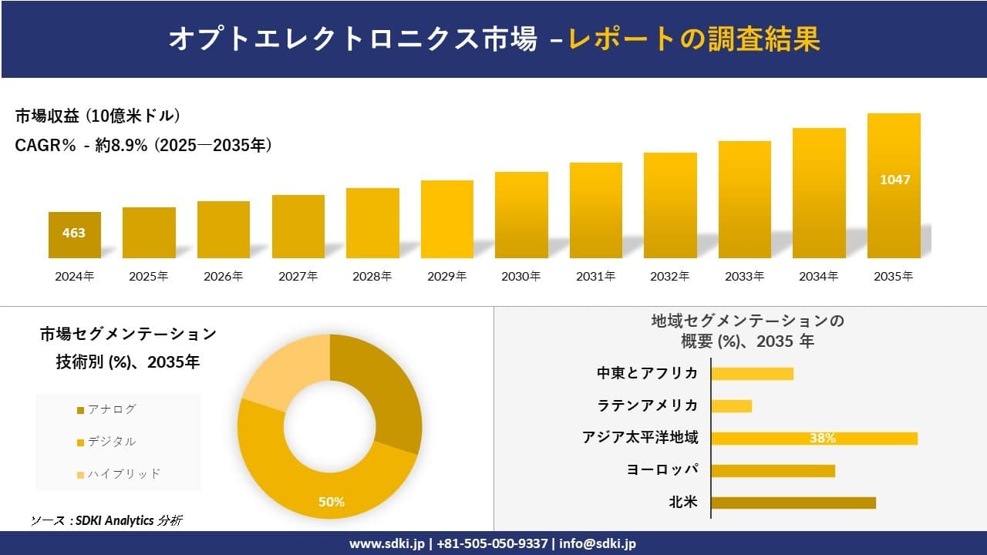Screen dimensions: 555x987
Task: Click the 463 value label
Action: click(74, 233)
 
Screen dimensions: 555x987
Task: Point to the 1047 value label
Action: click(894, 180)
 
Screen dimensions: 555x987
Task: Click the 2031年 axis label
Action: click(595, 276)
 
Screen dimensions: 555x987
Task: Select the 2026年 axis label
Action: click(223, 276)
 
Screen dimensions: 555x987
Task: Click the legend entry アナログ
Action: click(111, 409)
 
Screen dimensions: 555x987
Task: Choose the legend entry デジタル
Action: click(111, 442)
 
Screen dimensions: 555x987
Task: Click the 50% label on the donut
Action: click(332, 502)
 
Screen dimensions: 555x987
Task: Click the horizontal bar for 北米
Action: click(793, 503)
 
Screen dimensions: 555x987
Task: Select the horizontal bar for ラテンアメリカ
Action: click(731, 405)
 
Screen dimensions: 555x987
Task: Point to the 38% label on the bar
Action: click(822, 439)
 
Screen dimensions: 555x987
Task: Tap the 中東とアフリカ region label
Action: click(647, 373)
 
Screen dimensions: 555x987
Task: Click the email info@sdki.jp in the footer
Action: click(598, 543)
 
